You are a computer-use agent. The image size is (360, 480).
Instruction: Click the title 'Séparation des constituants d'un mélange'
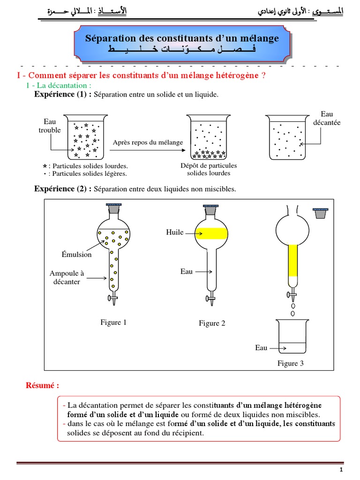pyautogui.click(x=182, y=38)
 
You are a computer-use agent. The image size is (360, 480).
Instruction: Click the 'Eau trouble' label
pyautogui.click(x=50, y=126)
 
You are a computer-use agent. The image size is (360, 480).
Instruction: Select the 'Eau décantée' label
pyautogui.click(x=327, y=118)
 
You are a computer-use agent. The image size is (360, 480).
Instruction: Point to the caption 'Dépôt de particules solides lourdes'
pyautogui.click(x=209, y=169)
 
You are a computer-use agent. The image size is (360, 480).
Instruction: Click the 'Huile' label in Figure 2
pyautogui.click(x=174, y=232)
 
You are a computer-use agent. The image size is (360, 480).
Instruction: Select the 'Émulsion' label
pyautogui.click(x=76, y=255)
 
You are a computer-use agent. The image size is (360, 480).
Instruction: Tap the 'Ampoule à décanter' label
pyautogui.click(x=67, y=277)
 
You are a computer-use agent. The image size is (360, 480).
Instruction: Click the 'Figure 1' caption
pyautogui.click(x=113, y=322)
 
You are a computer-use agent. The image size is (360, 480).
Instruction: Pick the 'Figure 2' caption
pyautogui.click(x=212, y=323)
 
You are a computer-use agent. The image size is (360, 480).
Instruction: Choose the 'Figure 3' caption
pyautogui.click(x=291, y=363)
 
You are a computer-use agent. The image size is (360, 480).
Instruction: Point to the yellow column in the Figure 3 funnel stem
pyautogui.click(x=292, y=260)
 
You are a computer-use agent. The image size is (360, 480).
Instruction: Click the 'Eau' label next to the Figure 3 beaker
pyautogui.click(x=262, y=348)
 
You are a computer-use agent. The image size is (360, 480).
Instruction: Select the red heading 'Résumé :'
pyautogui.click(x=42, y=386)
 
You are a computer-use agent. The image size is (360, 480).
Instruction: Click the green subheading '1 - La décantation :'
pyautogui.click(x=59, y=85)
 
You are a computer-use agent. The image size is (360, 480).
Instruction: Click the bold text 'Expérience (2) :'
pyautogui.click(x=63, y=189)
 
